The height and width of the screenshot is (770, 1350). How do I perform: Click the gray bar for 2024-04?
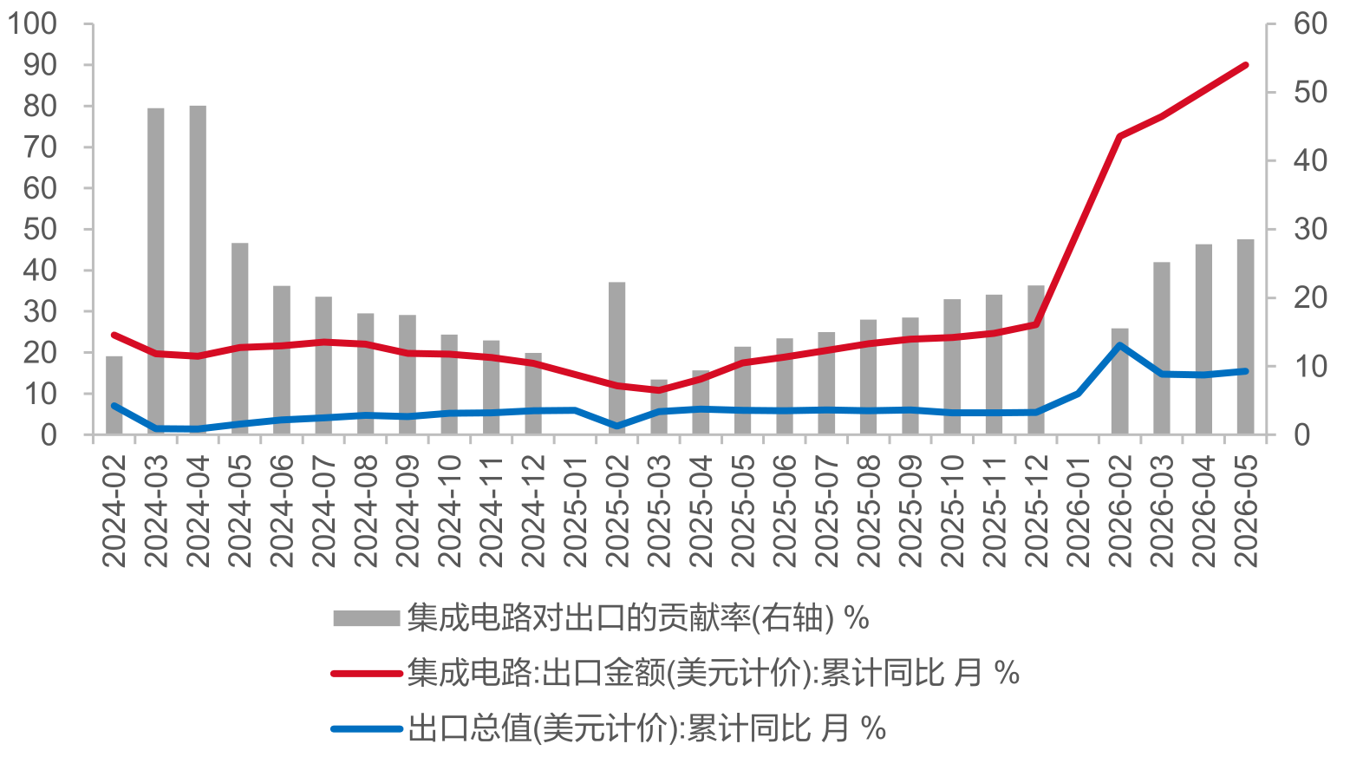198,270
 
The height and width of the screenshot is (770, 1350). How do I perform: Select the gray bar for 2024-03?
155,271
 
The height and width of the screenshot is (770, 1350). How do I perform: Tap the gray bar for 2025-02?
616,358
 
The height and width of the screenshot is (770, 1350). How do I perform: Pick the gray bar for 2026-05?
1246,336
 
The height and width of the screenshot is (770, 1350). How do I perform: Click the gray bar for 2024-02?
114,395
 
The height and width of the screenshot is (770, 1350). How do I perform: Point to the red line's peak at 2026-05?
1246,65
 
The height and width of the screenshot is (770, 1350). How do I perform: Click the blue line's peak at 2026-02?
1119,345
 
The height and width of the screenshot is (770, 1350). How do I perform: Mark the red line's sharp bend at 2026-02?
1119,136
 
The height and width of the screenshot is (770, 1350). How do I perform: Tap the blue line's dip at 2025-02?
616,426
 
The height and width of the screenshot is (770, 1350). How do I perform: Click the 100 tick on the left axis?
32,24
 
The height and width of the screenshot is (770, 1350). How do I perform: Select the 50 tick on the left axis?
41,230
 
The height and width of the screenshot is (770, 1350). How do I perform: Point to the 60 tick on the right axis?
1310,24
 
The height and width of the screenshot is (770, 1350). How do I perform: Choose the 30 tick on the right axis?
1310,230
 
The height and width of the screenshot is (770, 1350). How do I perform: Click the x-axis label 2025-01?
575,512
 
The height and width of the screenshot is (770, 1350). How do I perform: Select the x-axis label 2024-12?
532,512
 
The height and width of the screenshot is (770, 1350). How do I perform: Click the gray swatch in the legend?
367,619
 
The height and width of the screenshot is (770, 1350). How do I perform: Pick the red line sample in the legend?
367,673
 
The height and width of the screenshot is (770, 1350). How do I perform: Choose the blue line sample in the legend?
367,729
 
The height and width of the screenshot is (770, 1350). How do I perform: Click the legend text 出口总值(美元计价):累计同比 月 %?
647,728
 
